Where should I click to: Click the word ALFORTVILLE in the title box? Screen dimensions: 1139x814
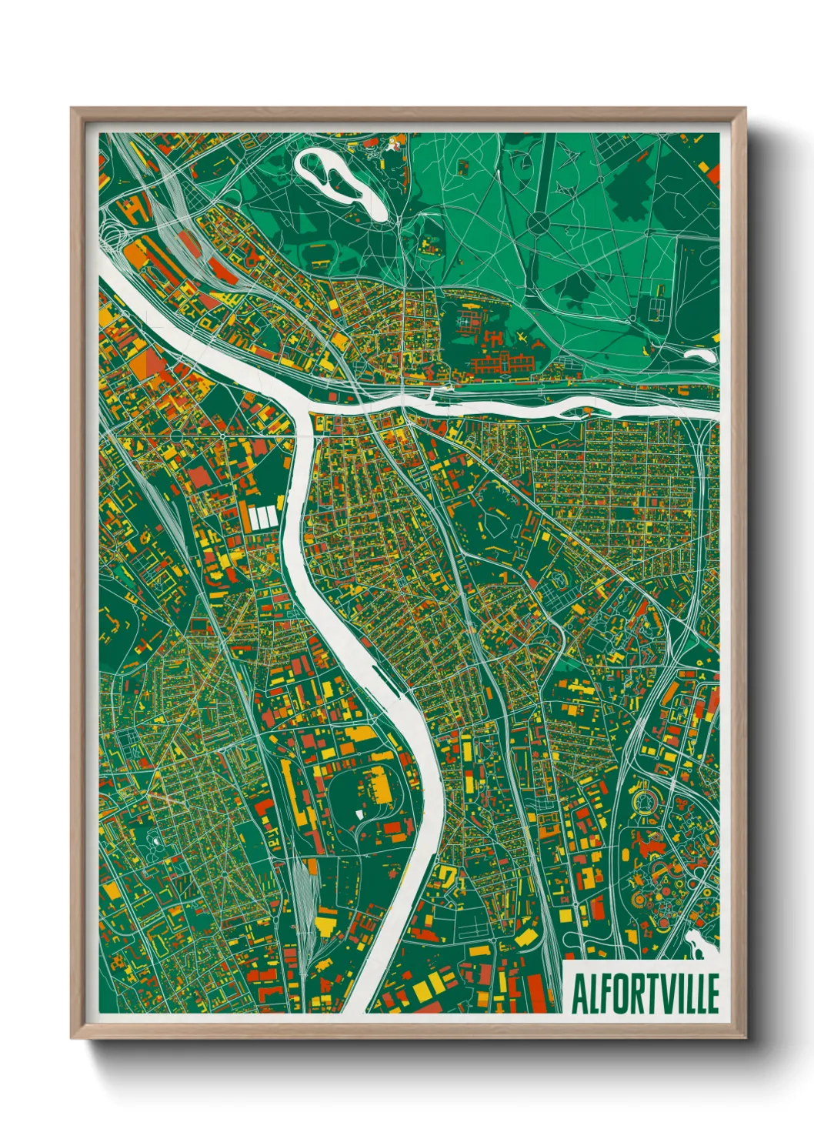[x=645, y=994]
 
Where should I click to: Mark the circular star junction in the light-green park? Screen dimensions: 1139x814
[x=539, y=223]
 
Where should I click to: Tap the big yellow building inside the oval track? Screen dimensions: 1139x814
[x=379, y=783]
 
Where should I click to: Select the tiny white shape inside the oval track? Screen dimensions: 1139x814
[x=359, y=812]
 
